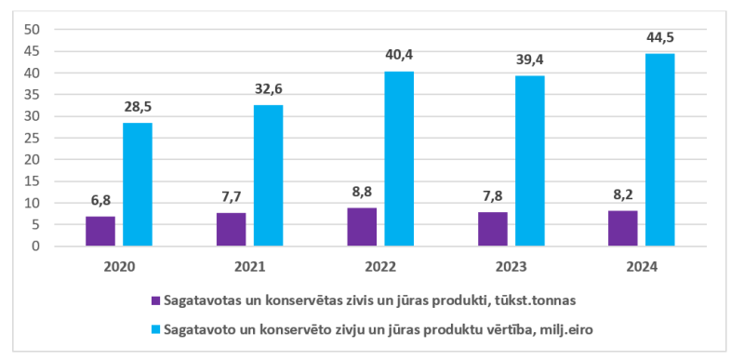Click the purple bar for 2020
[x=100, y=231]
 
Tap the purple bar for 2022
[x=362, y=227]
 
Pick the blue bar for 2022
[x=400, y=158]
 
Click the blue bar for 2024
[x=660, y=150]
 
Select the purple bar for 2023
[x=493, y=229]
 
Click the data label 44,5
[x=659, y=38]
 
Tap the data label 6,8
[x=100, y=201]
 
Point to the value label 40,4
[x=399, y=56]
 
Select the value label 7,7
[x=231, y=197]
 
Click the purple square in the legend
[x=155, y=300]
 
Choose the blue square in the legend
[x=155, y=329]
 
